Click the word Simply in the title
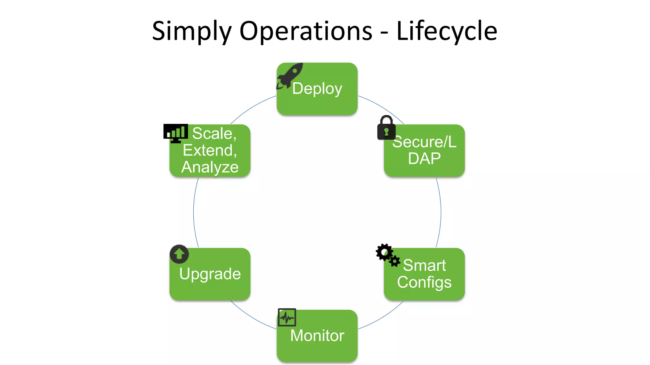(x=192, y=31)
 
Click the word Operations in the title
(x=306, y=31)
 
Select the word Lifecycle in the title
(x=447, y=31)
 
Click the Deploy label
(x=317, y=88)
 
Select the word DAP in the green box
(x=424, y=158)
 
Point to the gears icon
(x=387, y=255)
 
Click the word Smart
(x=424, y=265)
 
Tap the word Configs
(x=424, y=282)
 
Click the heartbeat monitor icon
(x=287, y=317)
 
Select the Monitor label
(x=317, y=336)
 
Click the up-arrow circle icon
(x=179, y=254)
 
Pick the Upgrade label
(x=210, y=274)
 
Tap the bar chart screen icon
(x=176, y=133)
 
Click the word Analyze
(x=210, y=167)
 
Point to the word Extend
(x=210, y=150)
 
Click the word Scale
(x=214, y=133)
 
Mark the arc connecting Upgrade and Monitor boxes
(x=251, y=317)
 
